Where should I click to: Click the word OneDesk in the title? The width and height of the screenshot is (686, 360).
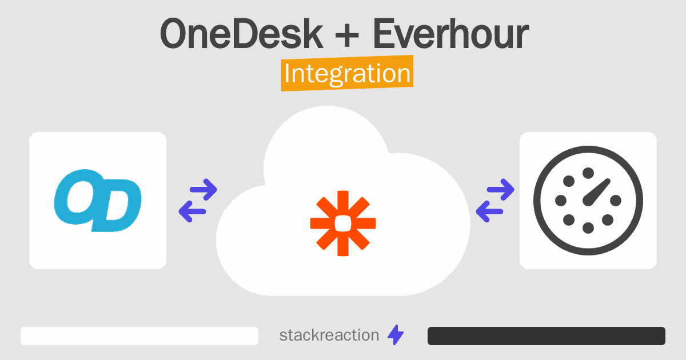(242, 34)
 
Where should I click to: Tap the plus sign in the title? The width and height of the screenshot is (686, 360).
(347, 35)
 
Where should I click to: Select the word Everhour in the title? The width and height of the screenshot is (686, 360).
(451, 34)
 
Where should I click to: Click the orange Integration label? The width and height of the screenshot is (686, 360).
(348, 73)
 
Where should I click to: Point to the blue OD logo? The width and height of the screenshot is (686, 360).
(98, 201)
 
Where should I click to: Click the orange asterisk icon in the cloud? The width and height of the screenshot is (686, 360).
(343, 223)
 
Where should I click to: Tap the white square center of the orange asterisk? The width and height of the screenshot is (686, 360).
(343, 223)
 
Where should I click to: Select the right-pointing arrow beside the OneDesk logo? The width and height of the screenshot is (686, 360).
(204, 190)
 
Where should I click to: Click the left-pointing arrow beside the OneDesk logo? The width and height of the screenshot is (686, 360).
(192, 211)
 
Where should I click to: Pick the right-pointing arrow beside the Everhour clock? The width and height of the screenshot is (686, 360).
(500, 190)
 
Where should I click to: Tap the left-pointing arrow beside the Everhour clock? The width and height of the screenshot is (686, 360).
(489, 211)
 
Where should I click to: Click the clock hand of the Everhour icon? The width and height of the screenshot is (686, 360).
(597, 192)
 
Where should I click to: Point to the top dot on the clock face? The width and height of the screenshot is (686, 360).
(588, 173)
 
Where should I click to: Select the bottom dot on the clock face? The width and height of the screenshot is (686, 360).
(588, 228)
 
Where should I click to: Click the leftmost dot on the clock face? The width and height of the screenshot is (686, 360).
(561, 201)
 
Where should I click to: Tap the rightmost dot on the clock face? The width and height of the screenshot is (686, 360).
(616, 201)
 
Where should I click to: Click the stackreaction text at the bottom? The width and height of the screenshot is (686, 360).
(329, 335)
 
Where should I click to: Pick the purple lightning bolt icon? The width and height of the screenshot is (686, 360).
(396, 335)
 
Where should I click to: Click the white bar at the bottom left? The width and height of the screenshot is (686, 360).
(139, 336)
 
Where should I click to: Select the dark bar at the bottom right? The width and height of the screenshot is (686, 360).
(547, 336)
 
